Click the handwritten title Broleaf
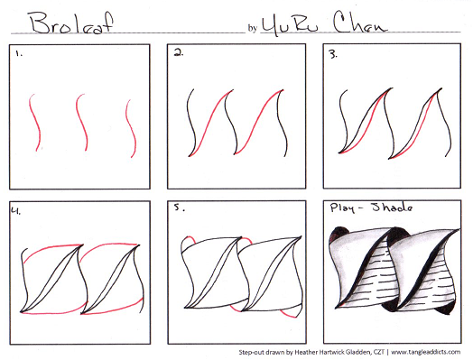71,23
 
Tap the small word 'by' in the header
252,28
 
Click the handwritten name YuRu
291,25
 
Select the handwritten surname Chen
359,23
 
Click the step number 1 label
19,53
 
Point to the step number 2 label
179,53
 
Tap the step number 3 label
333,54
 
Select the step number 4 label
16,210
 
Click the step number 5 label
179,208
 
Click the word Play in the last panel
342,208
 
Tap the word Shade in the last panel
392,208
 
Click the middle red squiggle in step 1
82,122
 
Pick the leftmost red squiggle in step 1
35,122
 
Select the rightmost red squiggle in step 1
131,129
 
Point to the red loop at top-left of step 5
189,240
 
